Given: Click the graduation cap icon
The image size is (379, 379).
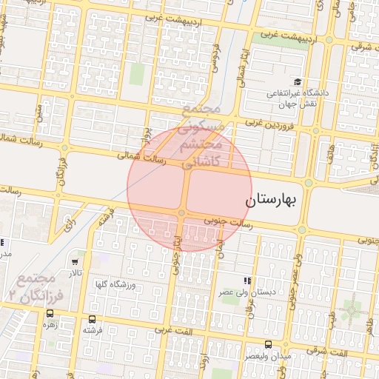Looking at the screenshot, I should coord(297,82).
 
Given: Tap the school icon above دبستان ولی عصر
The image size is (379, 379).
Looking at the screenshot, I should coord(247,281).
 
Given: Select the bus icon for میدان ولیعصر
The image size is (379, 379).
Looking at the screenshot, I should coord(268,344).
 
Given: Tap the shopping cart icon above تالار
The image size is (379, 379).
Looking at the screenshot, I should coord(76,261).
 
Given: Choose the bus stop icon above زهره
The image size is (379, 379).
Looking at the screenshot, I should coord(50,313).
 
